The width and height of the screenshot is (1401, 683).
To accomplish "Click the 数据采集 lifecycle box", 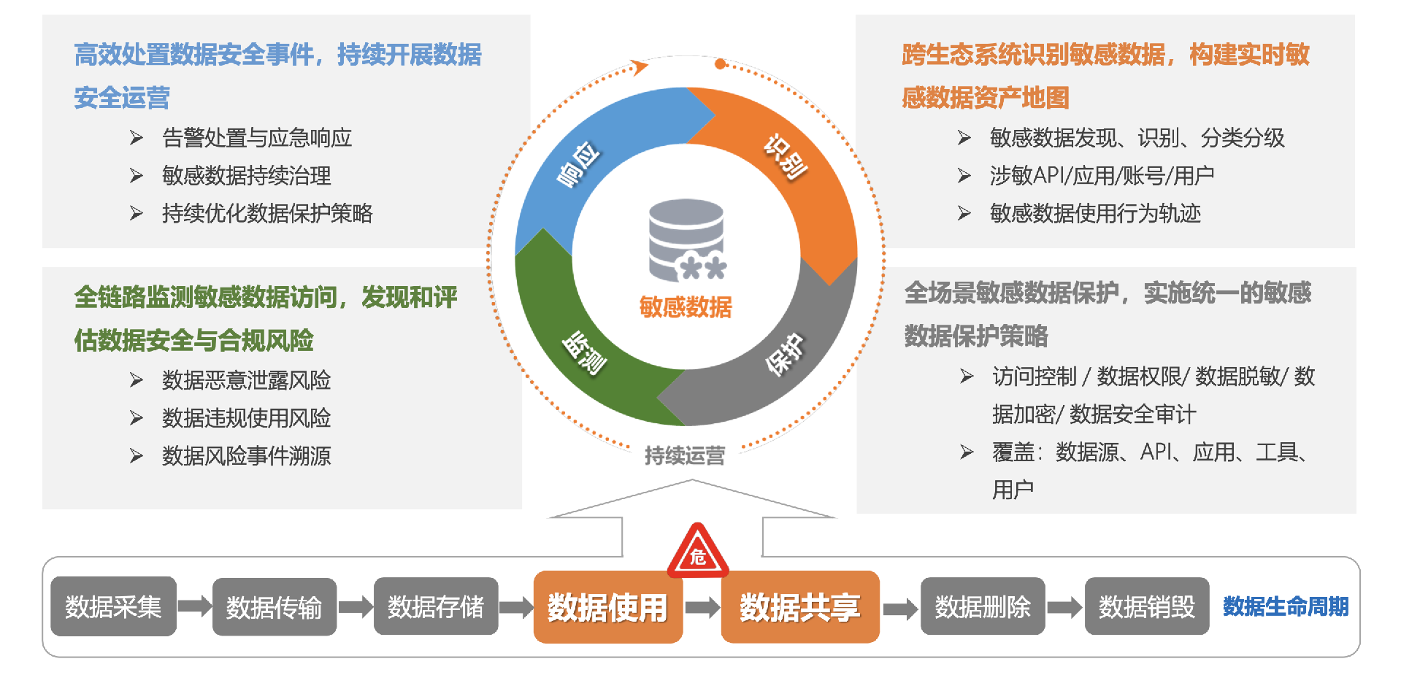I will pos(113,606).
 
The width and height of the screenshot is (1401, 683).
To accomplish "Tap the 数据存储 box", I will pos(435,606).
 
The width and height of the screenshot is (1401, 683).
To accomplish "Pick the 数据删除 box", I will pos(982,606).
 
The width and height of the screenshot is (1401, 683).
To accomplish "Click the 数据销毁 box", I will pos(1146,606).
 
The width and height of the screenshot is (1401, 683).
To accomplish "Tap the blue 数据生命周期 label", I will pos(1285,606).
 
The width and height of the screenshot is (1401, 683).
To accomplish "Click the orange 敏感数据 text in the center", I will pos(686,307).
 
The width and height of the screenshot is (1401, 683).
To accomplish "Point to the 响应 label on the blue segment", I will pos(578,165).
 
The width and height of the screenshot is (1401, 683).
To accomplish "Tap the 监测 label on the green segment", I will pos(584,353).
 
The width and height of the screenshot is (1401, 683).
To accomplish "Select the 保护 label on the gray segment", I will pos(785,354).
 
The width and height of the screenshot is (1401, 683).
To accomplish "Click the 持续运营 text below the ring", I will pos(685,456).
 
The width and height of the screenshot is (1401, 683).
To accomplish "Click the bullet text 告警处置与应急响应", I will pos(256,138).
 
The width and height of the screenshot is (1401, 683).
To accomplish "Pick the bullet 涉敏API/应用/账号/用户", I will pos(1101,176).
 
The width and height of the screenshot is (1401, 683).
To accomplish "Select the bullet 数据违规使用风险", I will pos(246,418).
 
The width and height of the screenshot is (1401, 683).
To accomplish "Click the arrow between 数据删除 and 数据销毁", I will pos(1064,607).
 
